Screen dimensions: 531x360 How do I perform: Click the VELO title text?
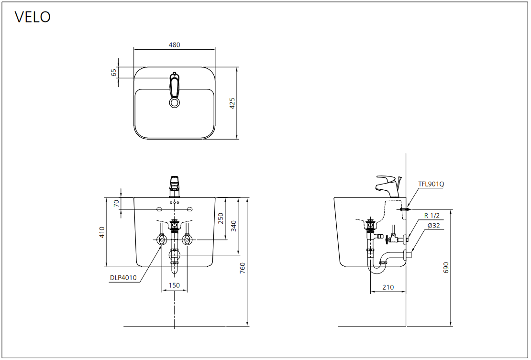point(33,17)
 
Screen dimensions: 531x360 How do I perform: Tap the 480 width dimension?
point(175,45)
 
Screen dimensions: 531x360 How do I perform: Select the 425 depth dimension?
point(232,103)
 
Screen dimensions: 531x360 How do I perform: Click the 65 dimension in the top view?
point(114,72)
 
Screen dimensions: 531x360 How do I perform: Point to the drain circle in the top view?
point(175,102)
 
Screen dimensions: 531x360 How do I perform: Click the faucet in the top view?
point(174,85)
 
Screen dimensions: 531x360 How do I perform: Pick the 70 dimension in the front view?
point(117,203)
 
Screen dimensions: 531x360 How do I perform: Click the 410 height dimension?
point(102,232)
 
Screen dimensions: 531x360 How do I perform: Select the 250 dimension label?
point(221,218)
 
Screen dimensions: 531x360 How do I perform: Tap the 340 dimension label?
point(233,226)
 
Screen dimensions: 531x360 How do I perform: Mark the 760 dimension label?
point(243,268)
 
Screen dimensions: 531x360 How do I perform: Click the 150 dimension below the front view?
point(175,285)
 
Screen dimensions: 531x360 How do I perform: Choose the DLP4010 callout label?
point(123,278)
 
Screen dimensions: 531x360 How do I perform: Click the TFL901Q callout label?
point(431,184)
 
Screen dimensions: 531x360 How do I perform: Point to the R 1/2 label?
point(432,216)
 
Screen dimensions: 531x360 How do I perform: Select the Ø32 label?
point(434,226)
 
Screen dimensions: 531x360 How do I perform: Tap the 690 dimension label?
point(446,268)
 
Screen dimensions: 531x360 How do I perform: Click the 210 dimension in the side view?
point(388,287)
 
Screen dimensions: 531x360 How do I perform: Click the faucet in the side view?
point(388,186)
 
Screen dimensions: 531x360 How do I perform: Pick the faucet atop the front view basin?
point(174,186)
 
